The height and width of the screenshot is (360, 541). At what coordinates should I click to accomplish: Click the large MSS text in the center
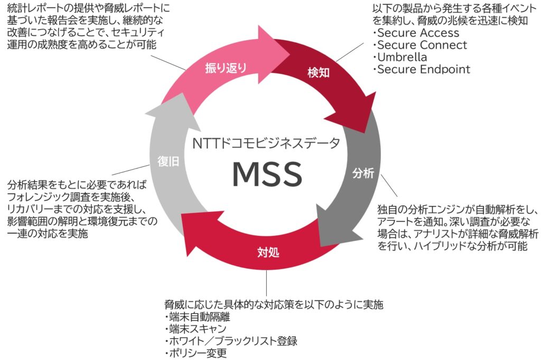266,173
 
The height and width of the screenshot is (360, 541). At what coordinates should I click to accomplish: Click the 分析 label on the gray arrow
363,173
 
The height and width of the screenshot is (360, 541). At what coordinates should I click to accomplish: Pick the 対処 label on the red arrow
268,252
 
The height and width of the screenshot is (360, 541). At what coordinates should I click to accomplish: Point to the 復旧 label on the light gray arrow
169,162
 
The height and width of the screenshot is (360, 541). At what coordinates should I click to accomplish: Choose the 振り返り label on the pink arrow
226,68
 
